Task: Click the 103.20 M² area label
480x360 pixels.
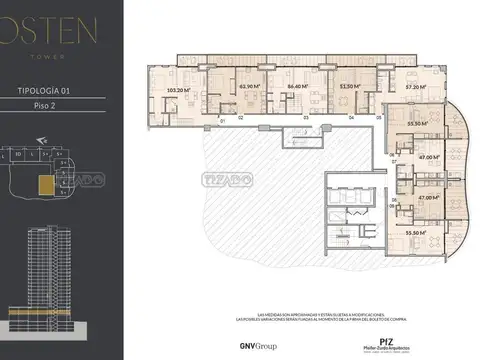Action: click(x=178, y=90)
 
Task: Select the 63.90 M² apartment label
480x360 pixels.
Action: click(x=249, y=86)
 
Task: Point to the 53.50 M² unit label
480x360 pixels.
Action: click(x=349, y=86)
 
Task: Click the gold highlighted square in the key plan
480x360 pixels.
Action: click(x=44, y=185)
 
